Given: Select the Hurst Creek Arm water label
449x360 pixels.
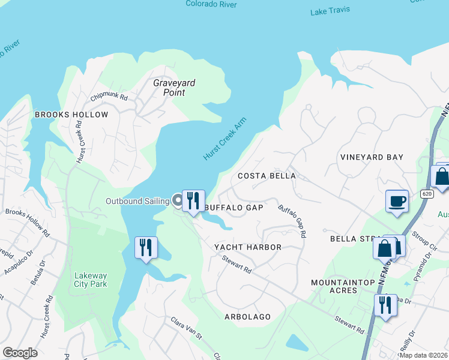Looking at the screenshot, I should pyautogui.click(x=225, y=139).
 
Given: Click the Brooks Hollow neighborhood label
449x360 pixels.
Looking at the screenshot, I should pyautogui.click(x=71, y=115).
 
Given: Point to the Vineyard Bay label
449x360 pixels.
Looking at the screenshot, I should pyautogui.click(x=372, y=157).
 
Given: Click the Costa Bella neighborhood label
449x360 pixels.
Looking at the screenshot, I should pyautogui.click(x=267, y=176).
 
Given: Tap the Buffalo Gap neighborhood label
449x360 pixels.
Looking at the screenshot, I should pyautogui.click(x=234, y=208).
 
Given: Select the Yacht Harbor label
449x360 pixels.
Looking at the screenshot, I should pyautogui.click(x=248, y=247).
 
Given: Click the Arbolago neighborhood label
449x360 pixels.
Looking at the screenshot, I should pyautogui.click(x=247, y=316).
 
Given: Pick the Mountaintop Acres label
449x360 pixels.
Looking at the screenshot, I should pyautogui.click(x=342, y=286).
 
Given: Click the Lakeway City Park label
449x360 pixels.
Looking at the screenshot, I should pyautogui.click(x=91, y=280).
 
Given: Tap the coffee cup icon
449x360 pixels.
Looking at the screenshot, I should pyautogui.click(x=397, y=200).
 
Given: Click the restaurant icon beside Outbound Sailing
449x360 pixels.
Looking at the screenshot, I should pyautogui.click(x=193, y=200).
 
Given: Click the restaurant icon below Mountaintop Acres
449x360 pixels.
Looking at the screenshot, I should pyautogui.click(x=385, y=304).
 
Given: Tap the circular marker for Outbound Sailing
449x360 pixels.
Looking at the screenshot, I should pyautogui.click(x=178, y=200).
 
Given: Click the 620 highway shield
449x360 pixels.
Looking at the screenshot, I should pyautogui.click(x=426, y=194).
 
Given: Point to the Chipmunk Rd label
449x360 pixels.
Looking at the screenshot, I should pyautogui.click(x=109, y=97).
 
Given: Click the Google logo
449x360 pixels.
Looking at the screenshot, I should pyautogui.click(x=20, y=353).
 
